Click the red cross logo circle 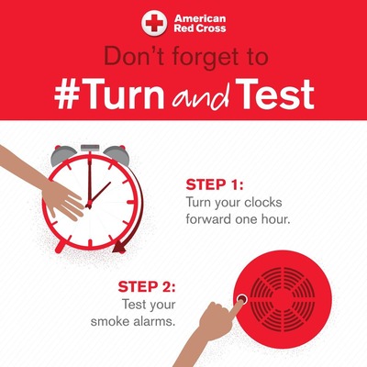click(154, 23)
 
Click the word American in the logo click(200, 18)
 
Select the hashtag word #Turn click(109, 95)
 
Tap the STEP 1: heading click(215, 185)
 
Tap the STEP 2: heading click(147, 287)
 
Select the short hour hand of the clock click(99, 195)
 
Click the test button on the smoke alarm click(242, 298)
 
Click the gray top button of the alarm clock click(90, 148)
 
